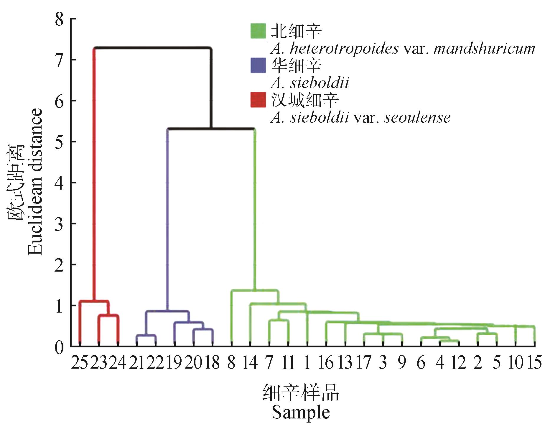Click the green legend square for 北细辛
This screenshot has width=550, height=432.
[258, 31]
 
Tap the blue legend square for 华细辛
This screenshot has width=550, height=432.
[258, 65]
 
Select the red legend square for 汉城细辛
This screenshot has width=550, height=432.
[258, 100]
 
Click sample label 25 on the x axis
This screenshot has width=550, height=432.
[80, 363]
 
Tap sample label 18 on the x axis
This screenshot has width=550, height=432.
[213, 363]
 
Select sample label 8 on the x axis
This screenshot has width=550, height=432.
[231, 363]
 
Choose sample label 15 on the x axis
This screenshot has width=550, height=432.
[534, 363]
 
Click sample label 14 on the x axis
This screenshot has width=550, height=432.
[250, 363]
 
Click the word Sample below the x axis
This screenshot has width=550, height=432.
[300, 412]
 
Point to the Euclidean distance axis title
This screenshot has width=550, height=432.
[35, 182]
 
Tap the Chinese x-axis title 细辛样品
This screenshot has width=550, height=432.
[300, 393]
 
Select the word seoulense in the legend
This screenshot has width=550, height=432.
[417, 118]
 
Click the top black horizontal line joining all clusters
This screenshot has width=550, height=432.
[153, 47]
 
